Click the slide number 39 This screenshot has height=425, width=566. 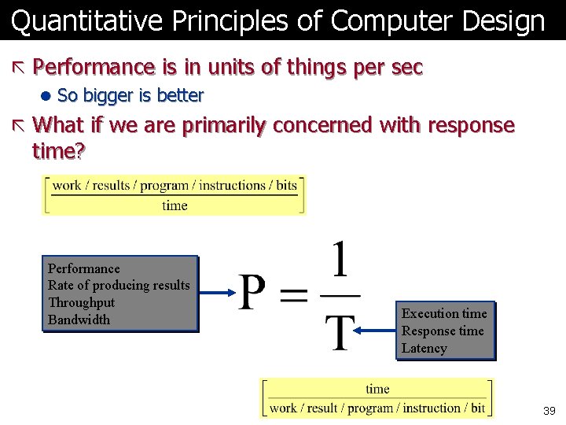tap(549, 411)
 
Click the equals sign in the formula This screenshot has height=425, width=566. tap(296, 296)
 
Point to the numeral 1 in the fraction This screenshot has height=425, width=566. tap(340, 263)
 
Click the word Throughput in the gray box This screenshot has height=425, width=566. tap(81, 302)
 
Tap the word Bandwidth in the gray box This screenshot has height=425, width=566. tap(79, 320)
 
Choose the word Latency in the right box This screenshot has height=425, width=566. tap(424, 348)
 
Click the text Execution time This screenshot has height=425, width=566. tap(444, 313)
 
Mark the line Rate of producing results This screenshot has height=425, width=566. tap(119, 285)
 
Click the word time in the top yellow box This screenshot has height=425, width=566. tap(175, 205)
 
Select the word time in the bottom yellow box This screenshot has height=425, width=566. tap(377, 389)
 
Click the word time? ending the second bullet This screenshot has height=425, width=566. tap(59, 150)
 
